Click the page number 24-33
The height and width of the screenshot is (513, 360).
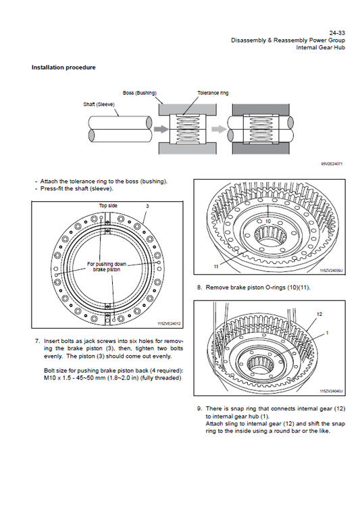coord(337,32)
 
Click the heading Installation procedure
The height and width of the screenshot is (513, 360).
coord(63,67)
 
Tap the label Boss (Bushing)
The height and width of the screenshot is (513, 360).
coord(140,93)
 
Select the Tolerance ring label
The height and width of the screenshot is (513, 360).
coord(213,93)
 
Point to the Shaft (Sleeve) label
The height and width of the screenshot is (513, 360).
coord(99,105)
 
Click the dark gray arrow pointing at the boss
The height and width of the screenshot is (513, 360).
coord(161,129)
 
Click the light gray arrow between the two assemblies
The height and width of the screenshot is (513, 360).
coord(219,129)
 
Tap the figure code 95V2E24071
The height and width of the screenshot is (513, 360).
coord(332,163)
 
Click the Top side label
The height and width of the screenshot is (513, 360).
coord(108,206)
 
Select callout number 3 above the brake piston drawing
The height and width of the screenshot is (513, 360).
coord(148,206)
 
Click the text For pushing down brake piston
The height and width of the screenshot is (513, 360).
coord(107,267)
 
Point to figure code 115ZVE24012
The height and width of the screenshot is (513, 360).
coord(169,323)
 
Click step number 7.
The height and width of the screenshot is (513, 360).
coord(37,341)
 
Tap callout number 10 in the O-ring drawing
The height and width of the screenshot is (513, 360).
coord(268,221)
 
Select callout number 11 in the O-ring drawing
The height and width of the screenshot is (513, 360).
coord(216,267)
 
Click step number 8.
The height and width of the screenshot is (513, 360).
coord(199,288)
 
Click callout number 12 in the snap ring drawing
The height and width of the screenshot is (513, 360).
coord(319,314)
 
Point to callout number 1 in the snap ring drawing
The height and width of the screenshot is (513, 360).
coord(328,333)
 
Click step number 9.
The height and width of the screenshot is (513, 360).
coord(199,408)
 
